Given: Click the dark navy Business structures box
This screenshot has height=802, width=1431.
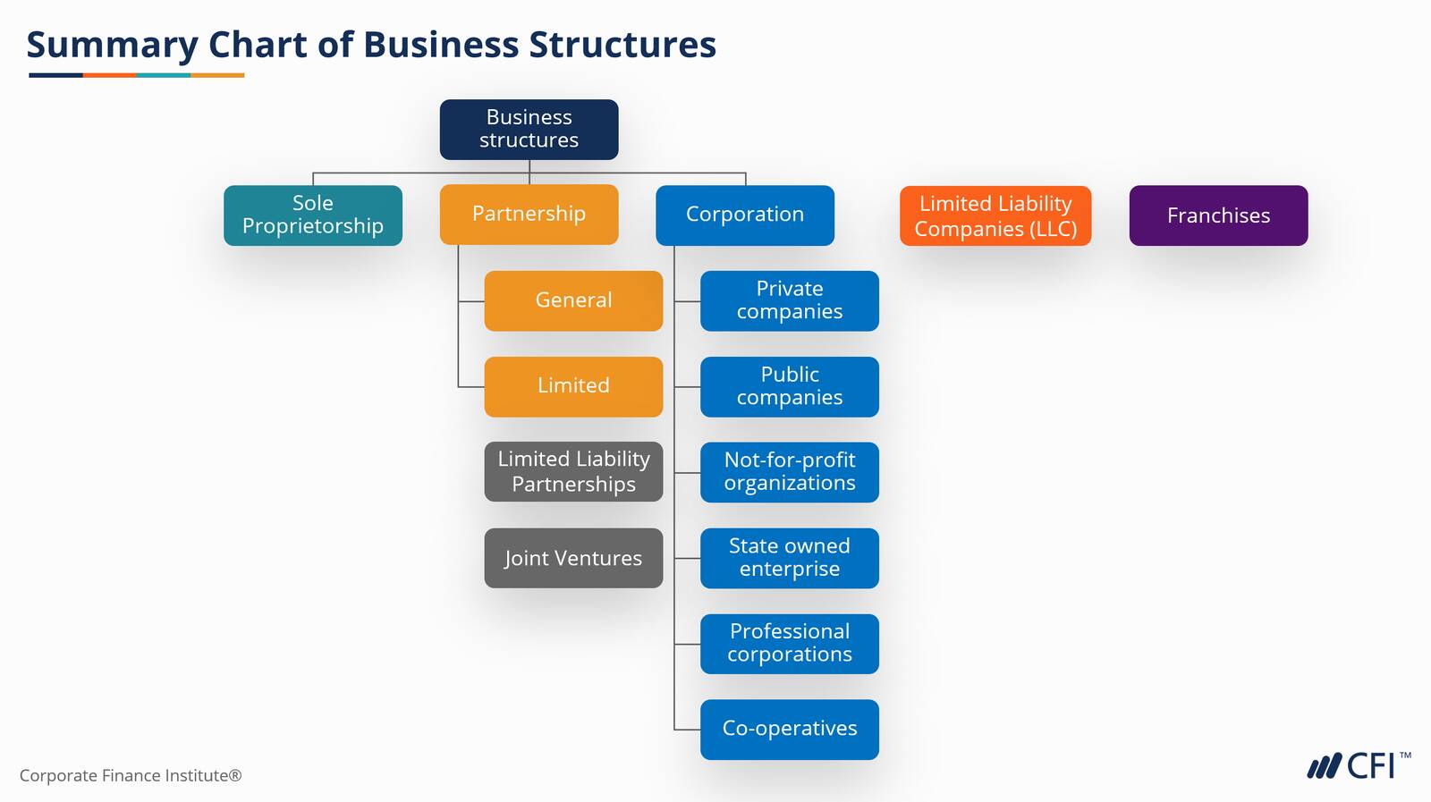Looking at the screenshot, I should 529,130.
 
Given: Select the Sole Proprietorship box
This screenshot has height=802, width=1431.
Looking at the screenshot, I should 313,215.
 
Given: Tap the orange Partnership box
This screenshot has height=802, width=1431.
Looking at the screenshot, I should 529,215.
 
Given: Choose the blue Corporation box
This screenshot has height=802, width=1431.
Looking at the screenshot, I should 745,215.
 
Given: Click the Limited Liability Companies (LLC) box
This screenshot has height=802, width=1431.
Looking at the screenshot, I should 995,216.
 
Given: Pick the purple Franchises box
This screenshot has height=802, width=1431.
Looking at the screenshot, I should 1218,215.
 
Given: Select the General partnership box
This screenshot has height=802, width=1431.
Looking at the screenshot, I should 573,300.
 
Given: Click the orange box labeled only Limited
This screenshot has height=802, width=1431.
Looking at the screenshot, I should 573,386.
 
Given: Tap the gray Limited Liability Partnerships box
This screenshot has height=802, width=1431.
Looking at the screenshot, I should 573,472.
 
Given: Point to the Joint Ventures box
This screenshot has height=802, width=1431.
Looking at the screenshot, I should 573,558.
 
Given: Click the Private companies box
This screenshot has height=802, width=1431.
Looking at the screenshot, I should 790,300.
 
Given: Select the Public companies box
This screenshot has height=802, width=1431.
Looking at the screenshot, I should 790,386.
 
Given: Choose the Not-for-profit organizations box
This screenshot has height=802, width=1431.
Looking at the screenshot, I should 790,472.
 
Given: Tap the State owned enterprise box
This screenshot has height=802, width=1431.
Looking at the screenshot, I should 790,558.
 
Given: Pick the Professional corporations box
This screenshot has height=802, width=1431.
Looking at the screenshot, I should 790,644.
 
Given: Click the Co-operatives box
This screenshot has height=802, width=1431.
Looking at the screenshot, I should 790,730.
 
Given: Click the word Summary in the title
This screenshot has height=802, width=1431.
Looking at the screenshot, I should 112,45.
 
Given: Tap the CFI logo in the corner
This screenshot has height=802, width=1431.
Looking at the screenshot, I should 1358,766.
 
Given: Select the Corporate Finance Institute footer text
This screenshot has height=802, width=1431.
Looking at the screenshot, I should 131,776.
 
